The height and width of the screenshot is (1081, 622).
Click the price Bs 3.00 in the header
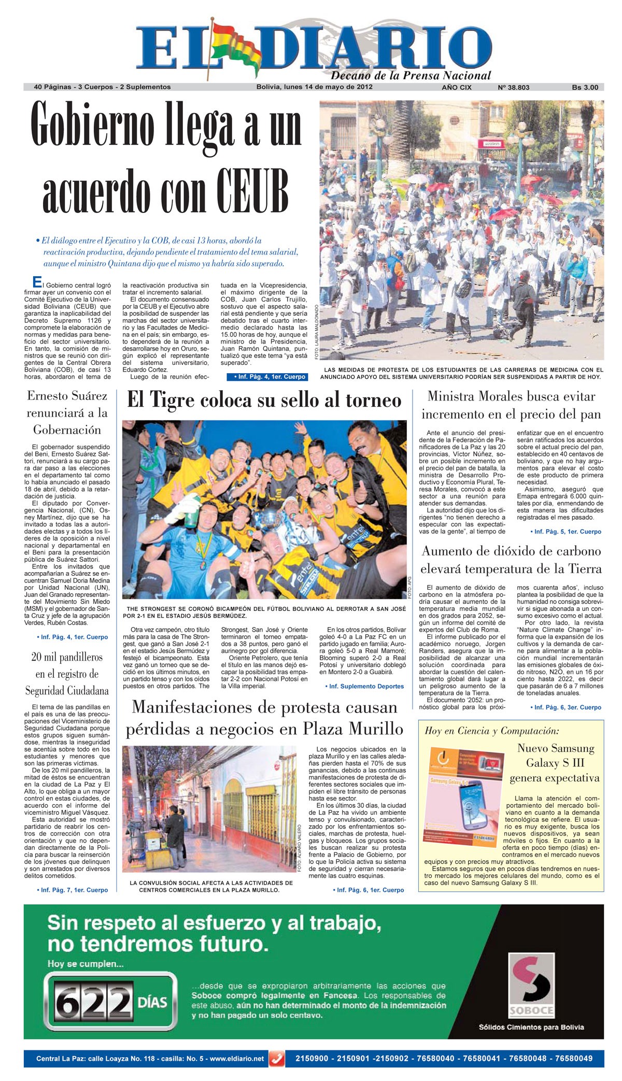585,88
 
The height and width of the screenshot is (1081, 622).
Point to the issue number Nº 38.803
513,88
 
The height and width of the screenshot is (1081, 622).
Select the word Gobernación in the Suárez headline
67,430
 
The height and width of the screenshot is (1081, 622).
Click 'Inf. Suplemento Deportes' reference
366,686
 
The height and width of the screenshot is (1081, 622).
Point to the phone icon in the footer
277,1059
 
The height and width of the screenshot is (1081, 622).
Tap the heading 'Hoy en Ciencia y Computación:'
492,731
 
